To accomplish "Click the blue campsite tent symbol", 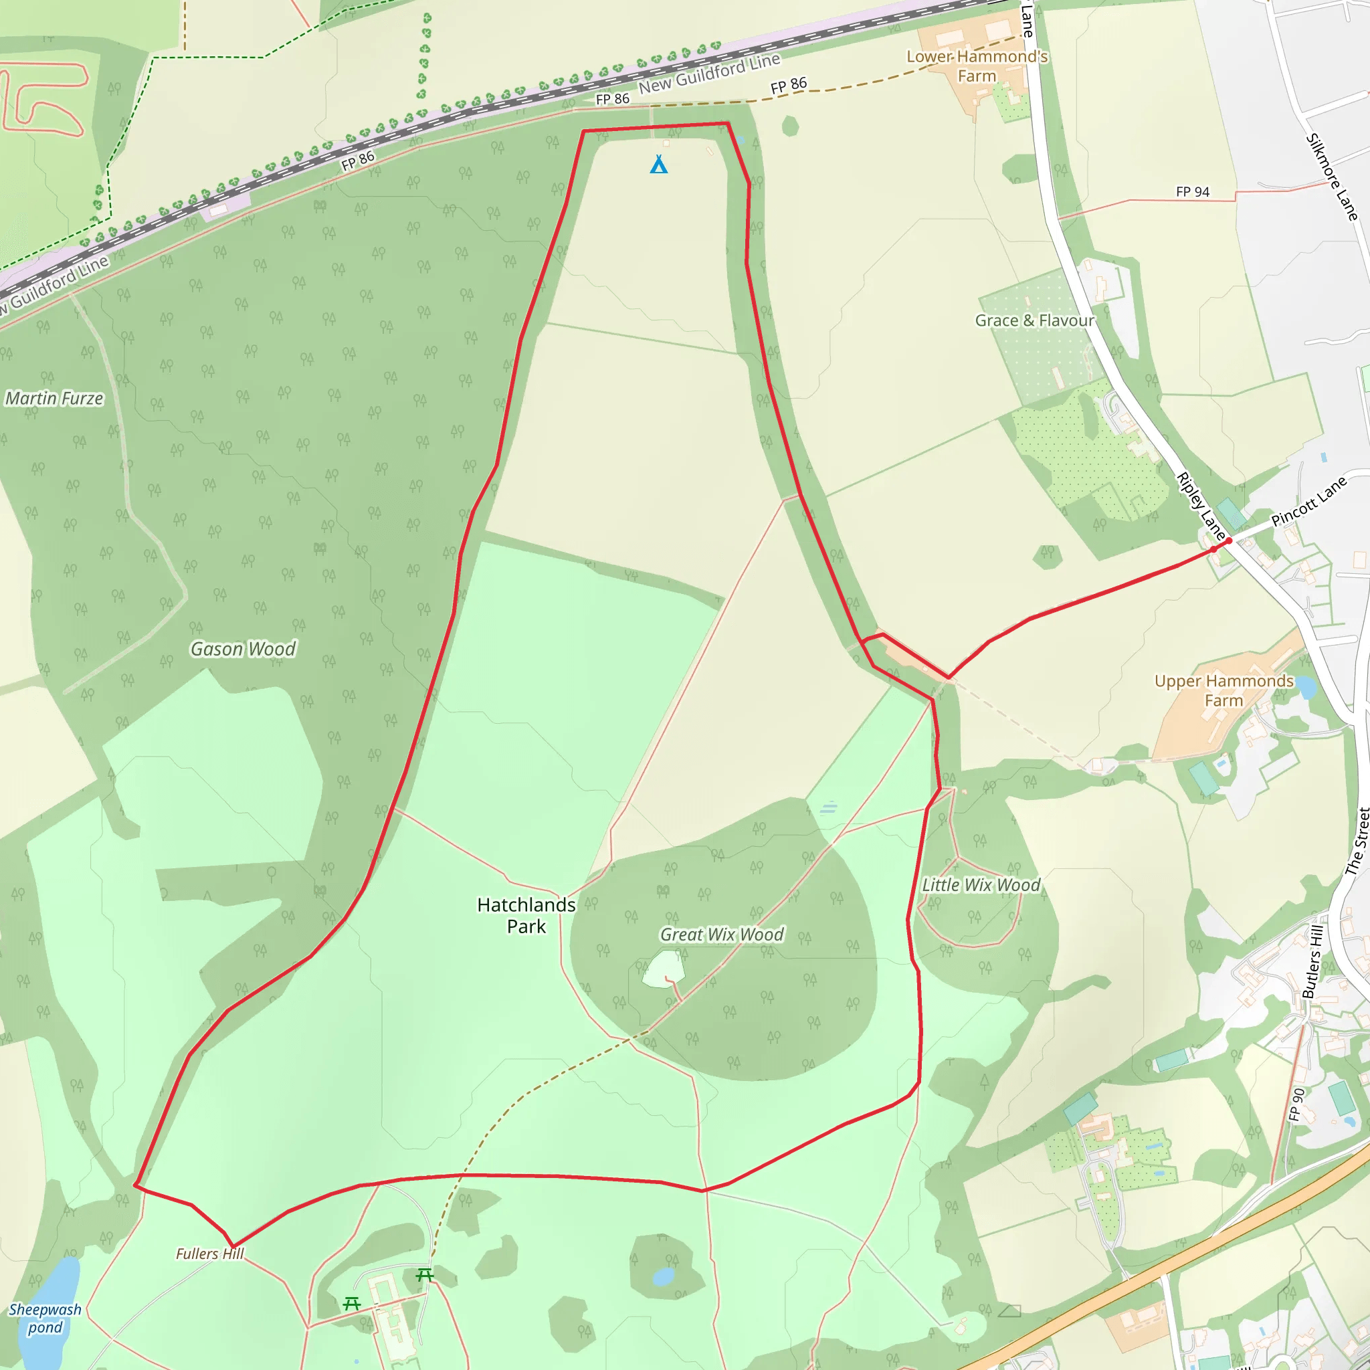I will (659, 165).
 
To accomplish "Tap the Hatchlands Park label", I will (526, 916).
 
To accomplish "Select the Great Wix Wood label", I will (722, 935).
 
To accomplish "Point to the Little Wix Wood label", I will (981, 885).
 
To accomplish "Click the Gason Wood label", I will (243, 649).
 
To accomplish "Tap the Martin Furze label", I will (55, 399).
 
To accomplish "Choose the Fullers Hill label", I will (210, 1254).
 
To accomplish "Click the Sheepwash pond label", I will (45, 1318).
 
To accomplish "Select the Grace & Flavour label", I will (1035, 320).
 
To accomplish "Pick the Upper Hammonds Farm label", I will (1224, 690).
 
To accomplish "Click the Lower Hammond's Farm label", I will (977, 66).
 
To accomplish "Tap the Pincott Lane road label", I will (1308, 502).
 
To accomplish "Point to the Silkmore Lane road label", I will (1332, 177).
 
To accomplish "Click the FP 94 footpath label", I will (1193, 192).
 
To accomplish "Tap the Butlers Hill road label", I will (1313, 961).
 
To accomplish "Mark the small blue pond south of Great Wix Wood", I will (663, 1277).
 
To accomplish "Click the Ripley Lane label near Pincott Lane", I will (1201, 504).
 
